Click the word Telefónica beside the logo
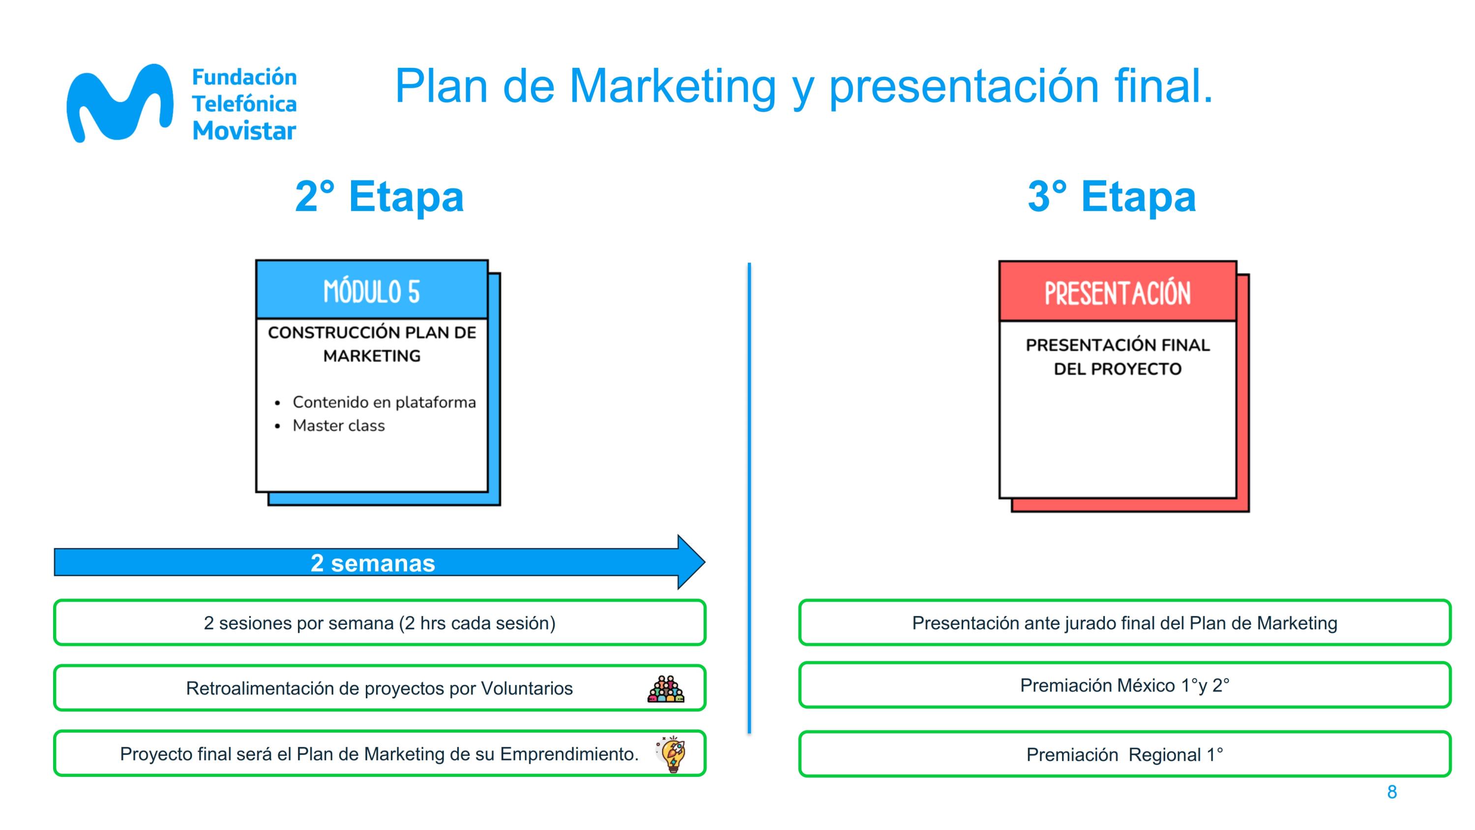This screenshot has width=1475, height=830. click(x=244, y=104)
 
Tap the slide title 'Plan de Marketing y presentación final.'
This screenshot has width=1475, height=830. click(x=803, y=87)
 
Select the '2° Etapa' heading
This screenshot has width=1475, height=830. click(x=379, y=197)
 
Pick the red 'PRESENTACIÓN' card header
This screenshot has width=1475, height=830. click(x=1118, y=292)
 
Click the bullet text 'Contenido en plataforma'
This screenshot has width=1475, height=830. click(x=384, y=402)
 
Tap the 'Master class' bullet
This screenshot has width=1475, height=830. click(x=338, y=426)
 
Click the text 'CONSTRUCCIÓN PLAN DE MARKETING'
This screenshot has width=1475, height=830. click(x=372, y=344)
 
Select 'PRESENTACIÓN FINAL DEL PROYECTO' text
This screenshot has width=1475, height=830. click(x=1118, y=356)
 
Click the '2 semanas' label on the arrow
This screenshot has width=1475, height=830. click(x=373, y=563)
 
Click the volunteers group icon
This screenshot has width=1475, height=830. click(x=666, y=688)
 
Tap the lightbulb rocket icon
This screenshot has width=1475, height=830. click(x=671, y=753)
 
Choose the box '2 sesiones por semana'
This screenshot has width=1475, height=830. click(x=380, y=622)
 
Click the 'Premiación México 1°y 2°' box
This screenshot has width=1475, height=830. click(x=1124, y=685)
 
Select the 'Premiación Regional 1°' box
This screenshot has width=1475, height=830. click(x=1124, y=754)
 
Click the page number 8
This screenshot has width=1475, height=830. click(x=1392, y=792)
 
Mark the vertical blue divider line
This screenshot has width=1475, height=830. click(x=749, y=498)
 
